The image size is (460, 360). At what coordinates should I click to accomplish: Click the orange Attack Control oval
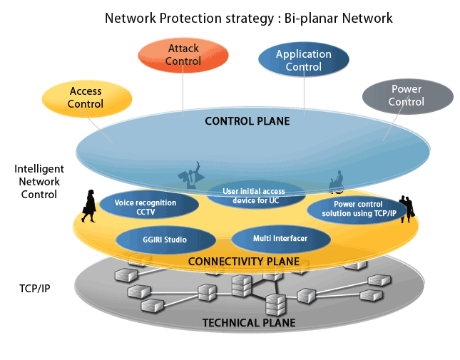pos(183,55)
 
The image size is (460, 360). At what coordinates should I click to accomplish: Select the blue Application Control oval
pos(303,61)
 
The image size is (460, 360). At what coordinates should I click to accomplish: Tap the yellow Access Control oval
pos(86,98)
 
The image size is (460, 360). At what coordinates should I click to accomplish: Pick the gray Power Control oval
pos(407,96)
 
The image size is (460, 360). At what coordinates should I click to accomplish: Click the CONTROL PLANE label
pos(247,121)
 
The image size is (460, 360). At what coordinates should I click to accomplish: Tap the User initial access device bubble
pos(254,195)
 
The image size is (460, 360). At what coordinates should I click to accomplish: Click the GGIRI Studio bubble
pos(165,240)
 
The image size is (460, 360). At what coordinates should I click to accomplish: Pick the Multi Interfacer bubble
pos(280,238)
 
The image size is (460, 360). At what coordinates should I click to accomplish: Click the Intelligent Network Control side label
pos(39,181)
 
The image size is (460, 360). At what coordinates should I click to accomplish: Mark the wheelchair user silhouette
pos(336,181)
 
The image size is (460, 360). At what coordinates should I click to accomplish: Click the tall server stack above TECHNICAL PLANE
pos(274,304)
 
